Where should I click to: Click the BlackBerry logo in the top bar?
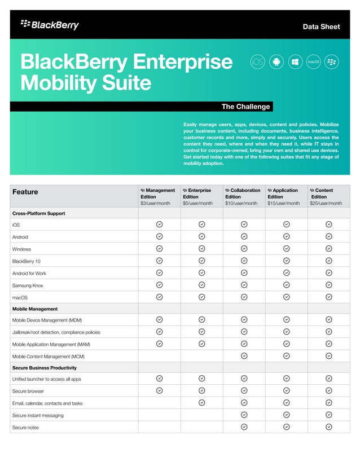point(50,25)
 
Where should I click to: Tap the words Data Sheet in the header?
point(321,27)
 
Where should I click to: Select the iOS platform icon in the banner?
point(257,61)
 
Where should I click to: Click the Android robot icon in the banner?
point(276,61)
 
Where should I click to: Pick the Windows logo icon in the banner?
point(295,61)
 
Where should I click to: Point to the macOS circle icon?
point(313,61)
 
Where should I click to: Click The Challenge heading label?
point(245,107)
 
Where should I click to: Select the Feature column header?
point(25,192)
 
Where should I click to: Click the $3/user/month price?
point(155,203)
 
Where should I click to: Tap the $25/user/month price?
point(326,203)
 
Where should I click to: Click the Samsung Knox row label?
point(28,285)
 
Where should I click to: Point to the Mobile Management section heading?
point(35,309)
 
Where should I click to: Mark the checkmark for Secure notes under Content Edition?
point(329,427)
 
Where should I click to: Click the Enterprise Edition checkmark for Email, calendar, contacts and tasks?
point(201,403)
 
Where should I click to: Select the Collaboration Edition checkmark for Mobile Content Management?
point(244,355)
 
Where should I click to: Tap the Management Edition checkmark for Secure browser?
point(159,390)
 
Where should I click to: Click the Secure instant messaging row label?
point(38,415)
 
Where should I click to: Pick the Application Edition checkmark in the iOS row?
point(286,225)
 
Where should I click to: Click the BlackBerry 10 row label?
point(27,261)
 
